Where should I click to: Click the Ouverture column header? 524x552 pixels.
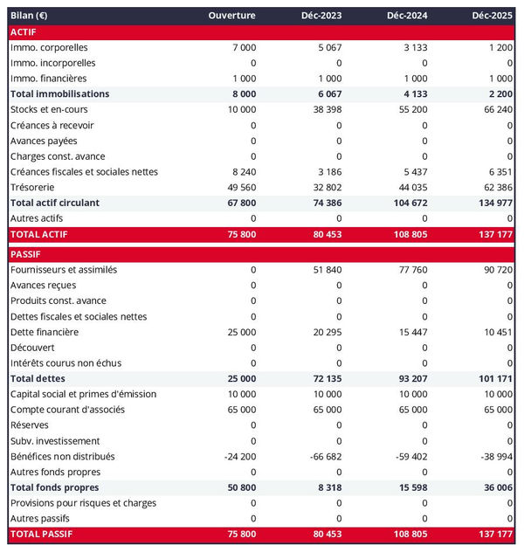point(231,16)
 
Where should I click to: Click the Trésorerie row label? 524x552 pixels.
point(36,187)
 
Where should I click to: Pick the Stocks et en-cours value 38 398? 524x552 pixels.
point(325,109)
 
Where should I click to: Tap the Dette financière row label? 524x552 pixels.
point(45,332)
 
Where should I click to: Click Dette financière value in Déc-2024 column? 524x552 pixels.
point(410,332)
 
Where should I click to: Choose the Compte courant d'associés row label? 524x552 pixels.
point(67,410)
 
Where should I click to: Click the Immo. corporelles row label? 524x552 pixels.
point(49,47)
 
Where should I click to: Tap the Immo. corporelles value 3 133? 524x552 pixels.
point(413,47)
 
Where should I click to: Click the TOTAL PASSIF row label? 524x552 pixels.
point(42,533)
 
